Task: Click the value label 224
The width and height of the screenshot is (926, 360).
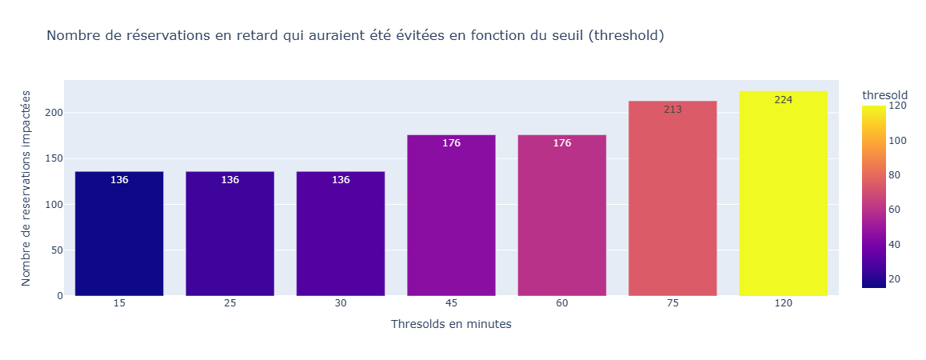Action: pyautogui.click(x=783, y=100)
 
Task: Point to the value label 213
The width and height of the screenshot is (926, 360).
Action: pyautogui.click(x=673, y=110)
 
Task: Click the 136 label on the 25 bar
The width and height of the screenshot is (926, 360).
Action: pyautogui.click(x=230, y=180)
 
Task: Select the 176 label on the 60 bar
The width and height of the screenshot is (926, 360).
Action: pyautogui.click(x=561, y=143)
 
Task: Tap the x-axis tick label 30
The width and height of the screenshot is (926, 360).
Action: pyautogui.click(x=341, y=305)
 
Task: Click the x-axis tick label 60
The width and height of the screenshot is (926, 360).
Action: pyautogui.click(x=561, y=305)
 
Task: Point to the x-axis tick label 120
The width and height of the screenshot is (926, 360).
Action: pyautogui.click(x=783, y=305)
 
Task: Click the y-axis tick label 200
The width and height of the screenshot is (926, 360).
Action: pyautogui.click(x=54, y=113)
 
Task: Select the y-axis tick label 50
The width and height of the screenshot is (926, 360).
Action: pyautogui.click(x=57, y=250)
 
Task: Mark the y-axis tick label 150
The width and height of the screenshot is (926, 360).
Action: pyautogui.click(x=54, y=158)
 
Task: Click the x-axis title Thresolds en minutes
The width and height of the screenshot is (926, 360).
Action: pyautogui.click(x=451, y=324)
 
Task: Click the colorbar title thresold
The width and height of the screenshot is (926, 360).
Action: pyautogui.click(x=884, y=95)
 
